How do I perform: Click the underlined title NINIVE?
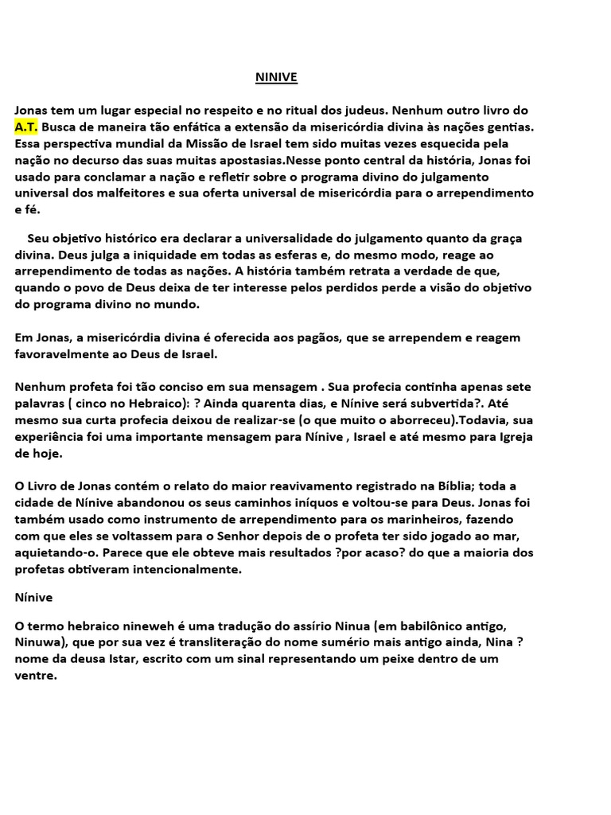[x=275, y=77]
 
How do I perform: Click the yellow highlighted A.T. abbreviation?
[x=25, y=127]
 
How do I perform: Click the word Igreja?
[x=516, y=437]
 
